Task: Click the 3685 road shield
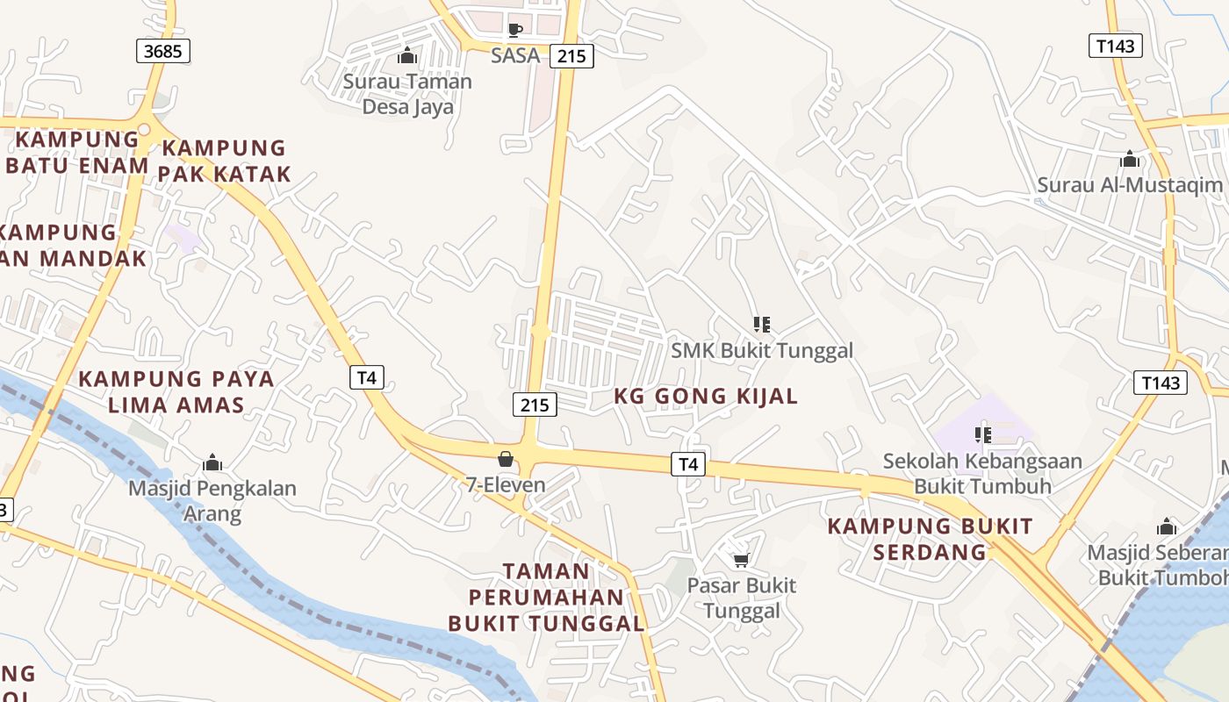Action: click(163, 51)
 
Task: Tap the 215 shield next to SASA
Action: click(571, 56)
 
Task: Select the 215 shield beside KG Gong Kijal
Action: click(534, 405)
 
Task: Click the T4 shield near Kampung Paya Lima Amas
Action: click(367, 377)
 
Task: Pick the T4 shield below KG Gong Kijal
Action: click(688, 464)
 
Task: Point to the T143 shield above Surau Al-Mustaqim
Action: click(1116, 46)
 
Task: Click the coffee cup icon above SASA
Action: click(515, 30)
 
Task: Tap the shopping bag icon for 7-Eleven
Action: click(506, 459)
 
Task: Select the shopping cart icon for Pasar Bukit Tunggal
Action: click(741, 560)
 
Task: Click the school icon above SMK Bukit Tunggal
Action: click(762, 325)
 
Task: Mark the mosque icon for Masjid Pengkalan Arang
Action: click(212, 462)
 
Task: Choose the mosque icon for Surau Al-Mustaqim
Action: click(1130, 160)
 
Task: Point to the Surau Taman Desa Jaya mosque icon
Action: click(407, 56)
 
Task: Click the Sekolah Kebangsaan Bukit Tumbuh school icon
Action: click(983, 434)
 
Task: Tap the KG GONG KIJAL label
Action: click(706, 396)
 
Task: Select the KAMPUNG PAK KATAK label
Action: click(225, 161)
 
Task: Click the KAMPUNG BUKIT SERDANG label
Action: click(931, 539)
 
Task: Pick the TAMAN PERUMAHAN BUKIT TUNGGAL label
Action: click(546, 598)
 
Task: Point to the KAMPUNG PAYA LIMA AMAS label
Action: click(176, 392)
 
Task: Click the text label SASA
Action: click(515, 55)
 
